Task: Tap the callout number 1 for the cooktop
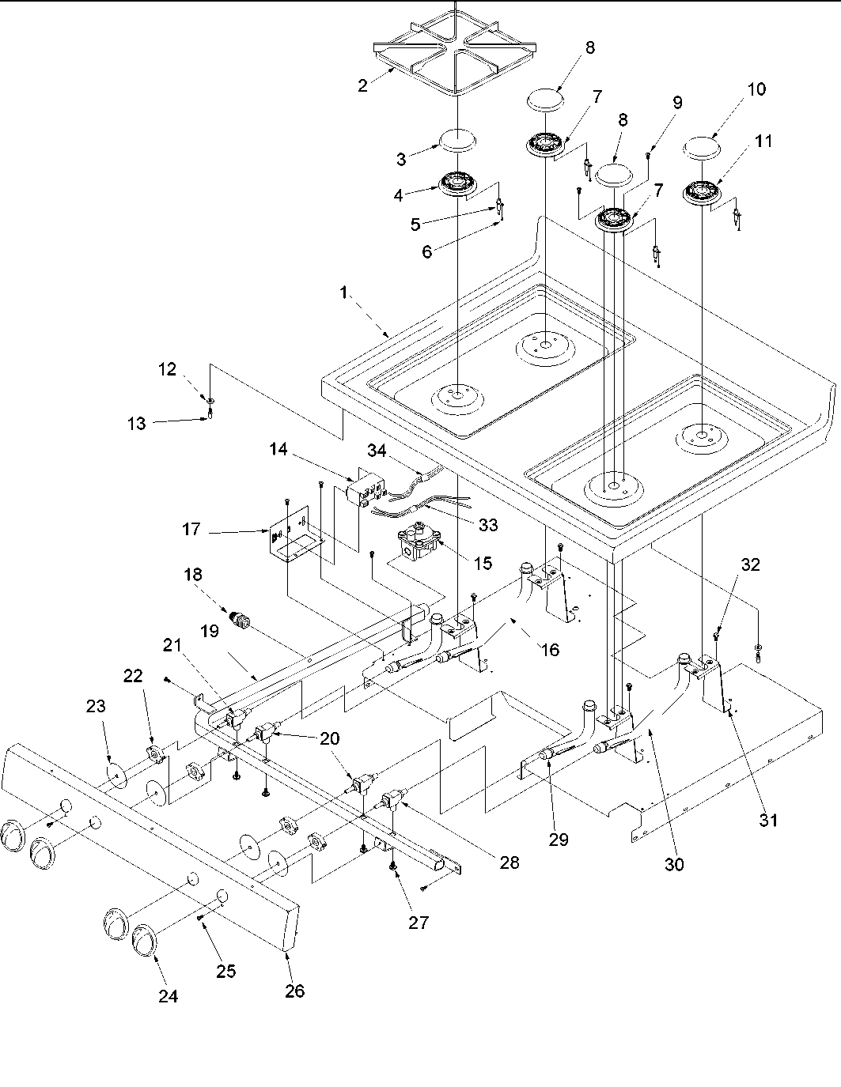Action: (343, 293)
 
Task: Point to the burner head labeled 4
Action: (460, 183)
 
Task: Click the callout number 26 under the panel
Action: (294, 991)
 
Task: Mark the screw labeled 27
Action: (394, 867)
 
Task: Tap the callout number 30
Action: (674, 864)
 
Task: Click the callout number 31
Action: (768, 821)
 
